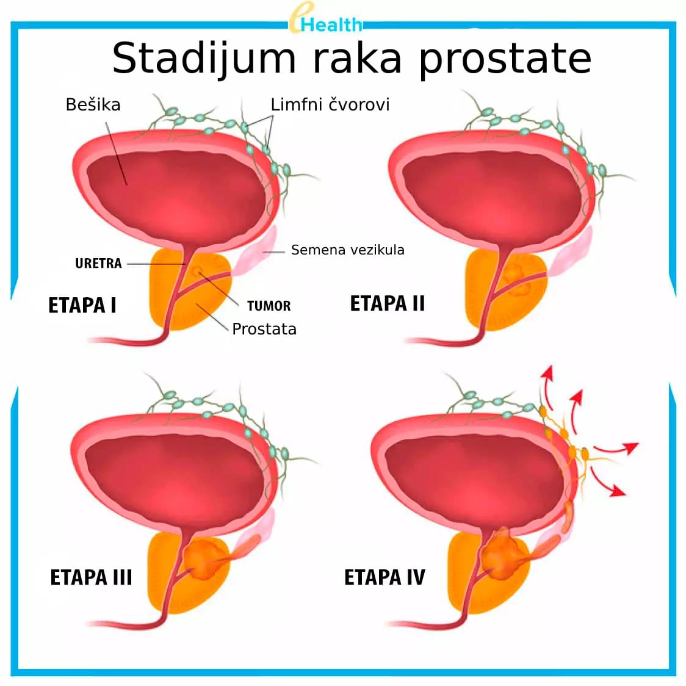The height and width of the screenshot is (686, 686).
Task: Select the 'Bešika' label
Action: [x=93, y=104]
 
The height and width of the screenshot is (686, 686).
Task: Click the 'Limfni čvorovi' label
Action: [x=330, y=104]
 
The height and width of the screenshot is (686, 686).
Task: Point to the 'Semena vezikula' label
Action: [x=347, y=250]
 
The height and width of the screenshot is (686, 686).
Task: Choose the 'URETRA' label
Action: [x=98, y=264]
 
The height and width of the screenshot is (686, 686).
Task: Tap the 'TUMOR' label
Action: [x=269, y=306]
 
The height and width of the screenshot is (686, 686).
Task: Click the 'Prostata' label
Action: [x=264, y=329]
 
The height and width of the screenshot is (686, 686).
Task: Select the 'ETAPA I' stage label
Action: [x=82, y=305]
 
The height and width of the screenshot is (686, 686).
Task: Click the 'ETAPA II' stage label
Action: [x=387, y=303]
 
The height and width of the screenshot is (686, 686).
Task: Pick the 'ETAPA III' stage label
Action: [x=91, y=577]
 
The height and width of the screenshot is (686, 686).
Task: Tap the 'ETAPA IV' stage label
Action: [x=385, y=577]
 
